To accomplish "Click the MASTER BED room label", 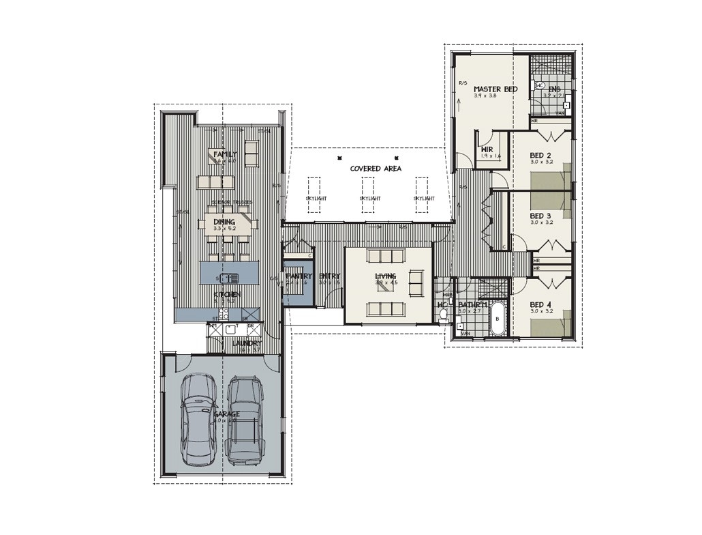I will pos(495,89).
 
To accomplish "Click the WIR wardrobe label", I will pos(487,149).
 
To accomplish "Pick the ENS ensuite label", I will pos(555,89).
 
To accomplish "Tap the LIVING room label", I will pos(385,276).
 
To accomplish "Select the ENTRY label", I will pos(329,276).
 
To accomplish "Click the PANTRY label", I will pos(299,276).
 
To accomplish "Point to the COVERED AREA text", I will pos(376,168).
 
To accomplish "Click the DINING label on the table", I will pos(224,222).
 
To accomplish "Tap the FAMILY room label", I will pos(225,154).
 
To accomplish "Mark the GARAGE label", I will pos(226,414).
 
